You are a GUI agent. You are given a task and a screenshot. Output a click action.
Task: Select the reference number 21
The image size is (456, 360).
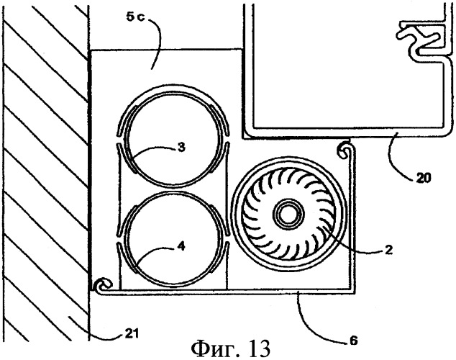coord(131,333)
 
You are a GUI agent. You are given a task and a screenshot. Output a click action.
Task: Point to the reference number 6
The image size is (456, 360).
coord(353,341)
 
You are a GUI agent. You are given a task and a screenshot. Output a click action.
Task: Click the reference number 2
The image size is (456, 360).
coord(389,249)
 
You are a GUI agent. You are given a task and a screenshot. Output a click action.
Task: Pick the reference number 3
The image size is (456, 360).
coord(181,148)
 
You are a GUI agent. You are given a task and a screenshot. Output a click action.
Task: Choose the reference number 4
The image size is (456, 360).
coord(181,247)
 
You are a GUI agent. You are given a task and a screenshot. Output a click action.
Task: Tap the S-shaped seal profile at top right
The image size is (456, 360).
coord(419,38)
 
